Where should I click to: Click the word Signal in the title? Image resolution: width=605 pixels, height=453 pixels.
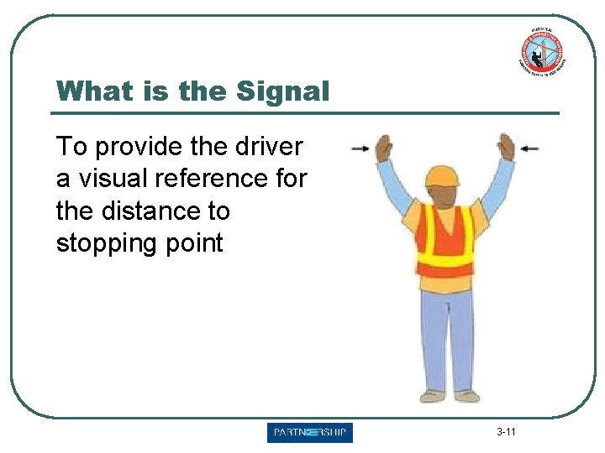[284, 91]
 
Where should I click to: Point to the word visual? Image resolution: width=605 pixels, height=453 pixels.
[116, 179]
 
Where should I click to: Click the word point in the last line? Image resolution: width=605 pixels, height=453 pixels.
[195, 243]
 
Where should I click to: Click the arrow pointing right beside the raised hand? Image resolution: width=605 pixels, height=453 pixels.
[360, 148]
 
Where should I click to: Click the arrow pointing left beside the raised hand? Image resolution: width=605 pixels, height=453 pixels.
[529, 148]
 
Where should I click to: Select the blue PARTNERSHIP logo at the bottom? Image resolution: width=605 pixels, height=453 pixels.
[310, 433]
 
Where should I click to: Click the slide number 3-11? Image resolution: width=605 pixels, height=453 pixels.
[506, 433]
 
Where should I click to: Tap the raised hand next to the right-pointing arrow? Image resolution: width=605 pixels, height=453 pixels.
[383, 148]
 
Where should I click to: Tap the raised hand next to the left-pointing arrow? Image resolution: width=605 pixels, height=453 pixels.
[505, 146]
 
